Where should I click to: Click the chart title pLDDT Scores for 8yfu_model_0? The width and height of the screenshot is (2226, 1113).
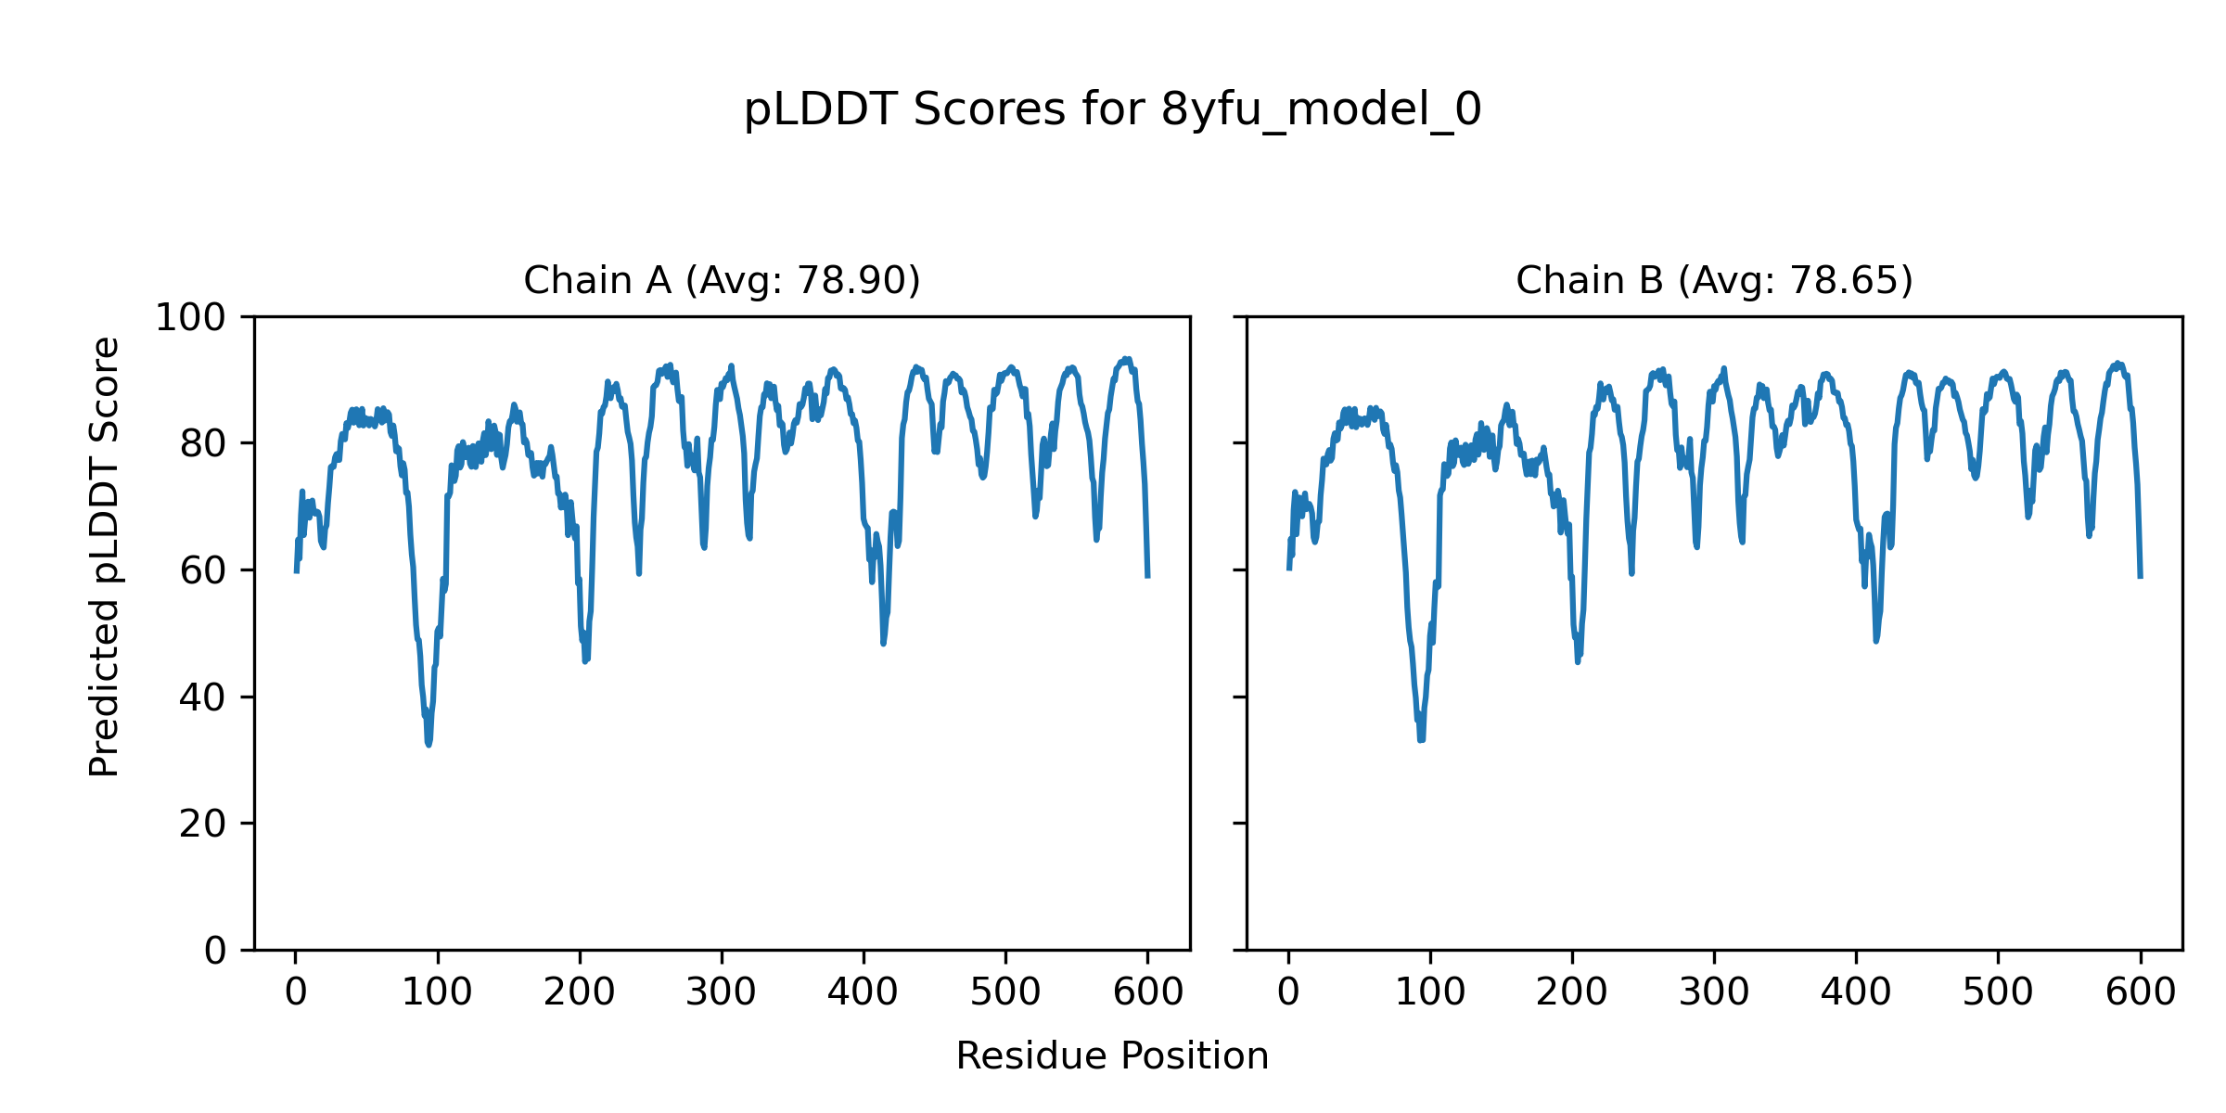[x=1112, y=110]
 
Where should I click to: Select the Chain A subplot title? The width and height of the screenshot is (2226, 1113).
[x=722, y=280]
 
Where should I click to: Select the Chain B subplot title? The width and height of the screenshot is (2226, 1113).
[x=1714, y=280]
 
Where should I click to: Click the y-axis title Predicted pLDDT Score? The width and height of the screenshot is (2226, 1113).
[x=105, y=556]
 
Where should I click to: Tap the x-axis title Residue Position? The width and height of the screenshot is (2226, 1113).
[x=1112, y=1056]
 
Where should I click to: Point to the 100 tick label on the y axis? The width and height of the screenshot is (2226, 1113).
[x=190, y=318]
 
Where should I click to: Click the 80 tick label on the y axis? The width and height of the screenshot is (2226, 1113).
[x=203, y=444]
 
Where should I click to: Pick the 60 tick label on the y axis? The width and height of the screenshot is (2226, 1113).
[x=203, y=571]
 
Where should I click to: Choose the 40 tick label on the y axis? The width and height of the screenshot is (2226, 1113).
[x=203, y=697]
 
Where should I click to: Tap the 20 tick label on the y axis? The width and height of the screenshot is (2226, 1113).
[x=203, y=824]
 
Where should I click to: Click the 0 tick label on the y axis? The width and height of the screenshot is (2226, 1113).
[x=215, y=951]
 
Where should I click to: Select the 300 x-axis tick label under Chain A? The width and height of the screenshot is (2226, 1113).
[x=721, y=993]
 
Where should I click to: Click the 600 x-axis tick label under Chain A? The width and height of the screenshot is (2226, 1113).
[x=1147, y=993]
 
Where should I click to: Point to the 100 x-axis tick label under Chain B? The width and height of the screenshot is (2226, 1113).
[x=1430, y=993]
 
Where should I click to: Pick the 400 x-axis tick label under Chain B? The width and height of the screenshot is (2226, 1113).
[x=1856, y=993]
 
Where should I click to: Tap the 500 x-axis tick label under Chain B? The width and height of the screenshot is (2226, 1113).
[x=1998, y=993]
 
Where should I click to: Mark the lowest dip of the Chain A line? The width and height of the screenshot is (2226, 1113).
[x=429, y=744]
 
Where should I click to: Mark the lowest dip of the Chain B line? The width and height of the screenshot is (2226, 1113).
[x=1421, y=739]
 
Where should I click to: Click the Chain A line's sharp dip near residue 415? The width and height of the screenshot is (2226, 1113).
[x=883, y=643]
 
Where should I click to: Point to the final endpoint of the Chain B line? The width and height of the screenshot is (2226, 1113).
[x=2141, y=577]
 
